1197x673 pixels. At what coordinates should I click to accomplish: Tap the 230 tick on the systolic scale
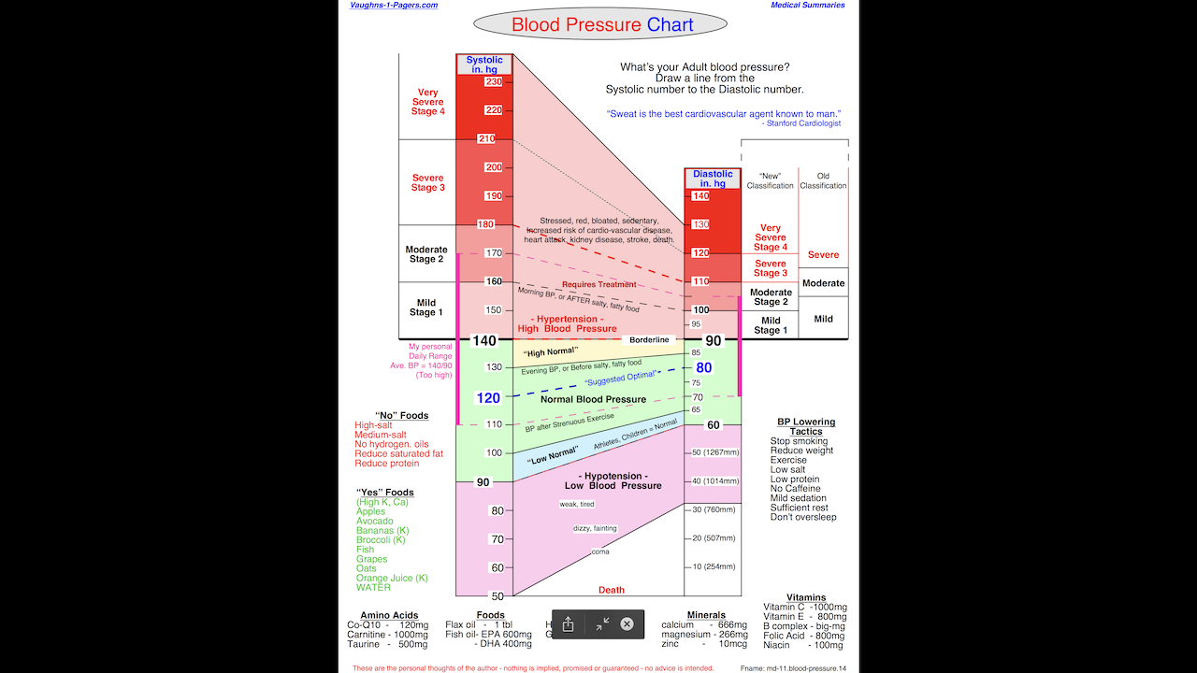[493, 82]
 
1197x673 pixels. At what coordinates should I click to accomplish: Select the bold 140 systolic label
[484, 341]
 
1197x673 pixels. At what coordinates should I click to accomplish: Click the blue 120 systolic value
[488, 398]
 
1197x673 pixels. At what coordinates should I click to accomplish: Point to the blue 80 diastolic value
[703, 368]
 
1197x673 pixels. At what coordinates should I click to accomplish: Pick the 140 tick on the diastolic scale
[700, 196]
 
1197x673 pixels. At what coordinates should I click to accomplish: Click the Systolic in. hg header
[484, 64]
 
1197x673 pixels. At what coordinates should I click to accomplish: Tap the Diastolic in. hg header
[713, 179]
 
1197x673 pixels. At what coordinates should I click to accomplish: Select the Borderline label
[649, 340]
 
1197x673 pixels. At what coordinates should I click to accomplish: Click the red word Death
[612, 590]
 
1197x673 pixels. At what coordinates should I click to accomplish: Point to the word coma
[600, 552]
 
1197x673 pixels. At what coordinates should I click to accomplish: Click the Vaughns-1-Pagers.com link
[394, 6]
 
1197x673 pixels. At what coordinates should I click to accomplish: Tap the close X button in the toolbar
[627, 624]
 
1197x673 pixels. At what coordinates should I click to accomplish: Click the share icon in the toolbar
[568, 624]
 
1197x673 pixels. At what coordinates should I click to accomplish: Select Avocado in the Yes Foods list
[376, 522]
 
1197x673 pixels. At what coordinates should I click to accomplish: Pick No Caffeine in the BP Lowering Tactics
[796, 489]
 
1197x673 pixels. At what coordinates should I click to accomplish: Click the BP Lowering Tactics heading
[806, 426]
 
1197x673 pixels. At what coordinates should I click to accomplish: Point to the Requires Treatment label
[598, 284]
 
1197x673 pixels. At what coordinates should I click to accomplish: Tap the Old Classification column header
[823, 180]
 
